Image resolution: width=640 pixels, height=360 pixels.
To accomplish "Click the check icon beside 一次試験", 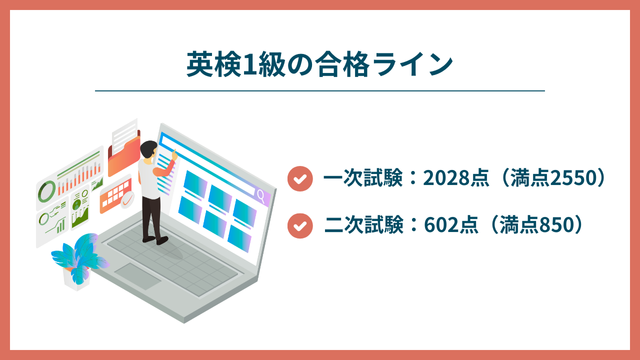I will click(x=297, y=179).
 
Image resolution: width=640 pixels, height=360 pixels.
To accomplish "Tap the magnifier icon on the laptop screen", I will click(x=261, y=195).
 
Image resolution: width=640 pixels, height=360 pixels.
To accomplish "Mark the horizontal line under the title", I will click(x=320, y=91).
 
